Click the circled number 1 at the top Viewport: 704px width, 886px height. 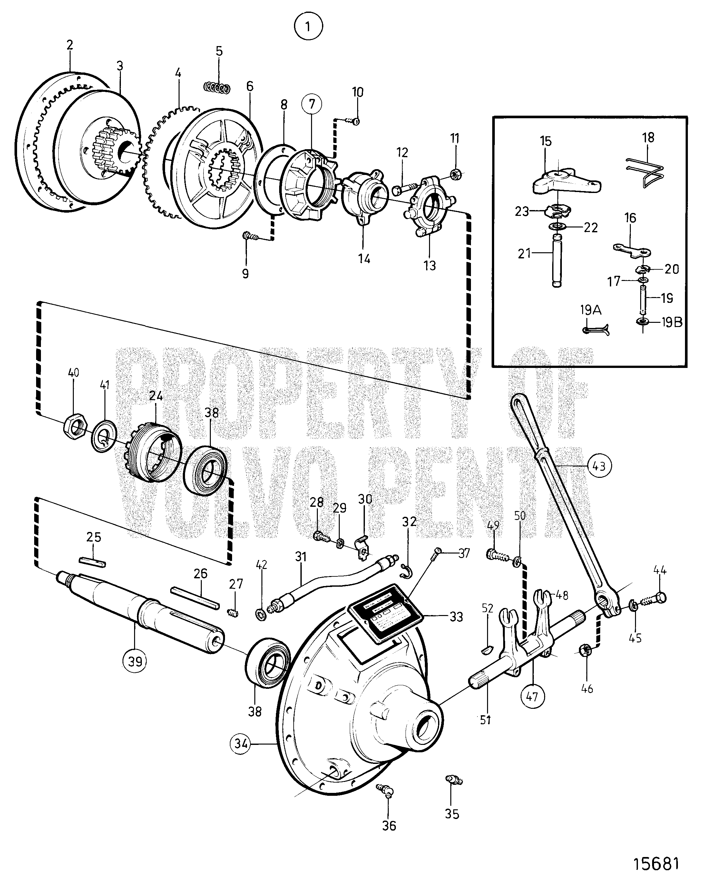coord(308,27)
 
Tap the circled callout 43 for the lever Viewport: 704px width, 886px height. coord(599,466)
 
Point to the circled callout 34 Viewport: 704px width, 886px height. coord(241,743)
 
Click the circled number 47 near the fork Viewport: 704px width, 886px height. coord(532,696)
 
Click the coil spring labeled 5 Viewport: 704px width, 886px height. coord(217,88)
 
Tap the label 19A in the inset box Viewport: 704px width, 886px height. coord(591,310)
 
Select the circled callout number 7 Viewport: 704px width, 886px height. coord(312,104)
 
